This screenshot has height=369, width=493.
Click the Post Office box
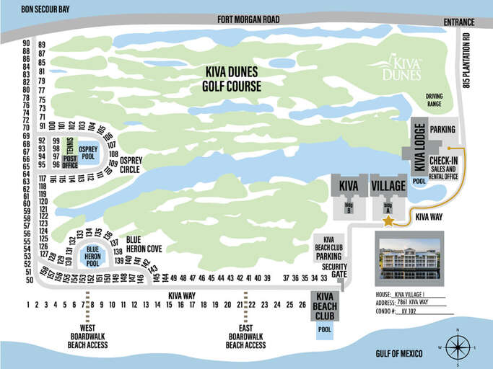pyautogui.click(x=70, y=161)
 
